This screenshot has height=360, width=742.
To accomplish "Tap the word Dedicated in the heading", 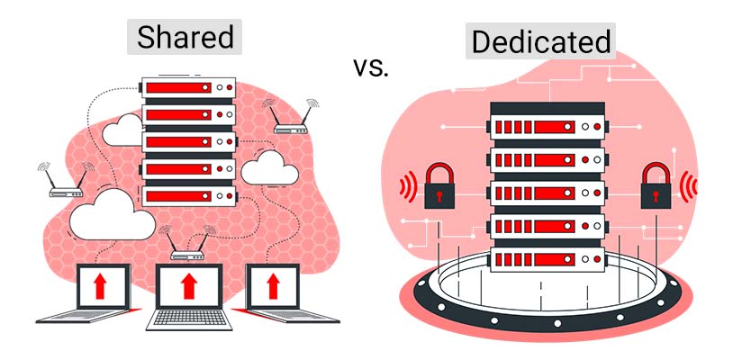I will [x=540, y=41].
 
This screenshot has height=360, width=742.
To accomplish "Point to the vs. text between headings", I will [x=370, y=67].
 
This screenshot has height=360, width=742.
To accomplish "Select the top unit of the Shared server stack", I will [x=189, y=90].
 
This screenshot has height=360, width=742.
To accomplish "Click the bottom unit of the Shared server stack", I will [x=189, y=195].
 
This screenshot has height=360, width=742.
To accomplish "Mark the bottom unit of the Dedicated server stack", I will [x=545, y=259].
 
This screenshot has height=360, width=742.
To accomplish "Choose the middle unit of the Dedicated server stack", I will [x=545, y=191].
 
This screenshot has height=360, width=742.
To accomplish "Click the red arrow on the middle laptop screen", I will [x=188, y=286].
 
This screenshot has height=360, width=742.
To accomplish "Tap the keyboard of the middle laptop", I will [x=188, y=317].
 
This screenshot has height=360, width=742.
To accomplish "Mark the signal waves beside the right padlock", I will [x=689, y=186].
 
